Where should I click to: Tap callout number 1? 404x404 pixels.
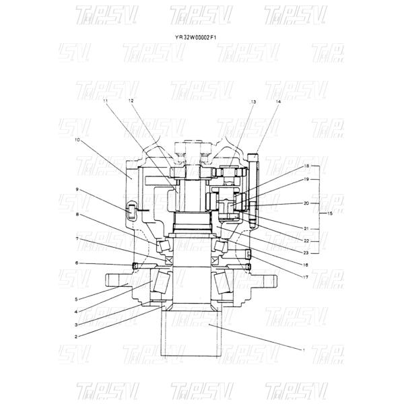[x=303, y=349]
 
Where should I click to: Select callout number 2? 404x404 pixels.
[x=76, y=335]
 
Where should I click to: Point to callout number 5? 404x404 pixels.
[x=76, y=300]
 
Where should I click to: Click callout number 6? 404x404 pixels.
[x=76, y=263]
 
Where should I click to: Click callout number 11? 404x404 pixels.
[x=105, y=101]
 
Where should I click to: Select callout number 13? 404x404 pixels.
[x=253, y=101]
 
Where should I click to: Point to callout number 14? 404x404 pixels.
[x=277, y=101]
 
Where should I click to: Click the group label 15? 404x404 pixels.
[x=330, y=213]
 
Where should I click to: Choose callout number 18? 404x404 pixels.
[x=306, y=166]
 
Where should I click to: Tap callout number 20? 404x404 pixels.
[x=306, y=203]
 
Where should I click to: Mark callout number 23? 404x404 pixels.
[x=306, y=252]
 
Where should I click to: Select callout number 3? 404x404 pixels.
[x=76, y=324]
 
